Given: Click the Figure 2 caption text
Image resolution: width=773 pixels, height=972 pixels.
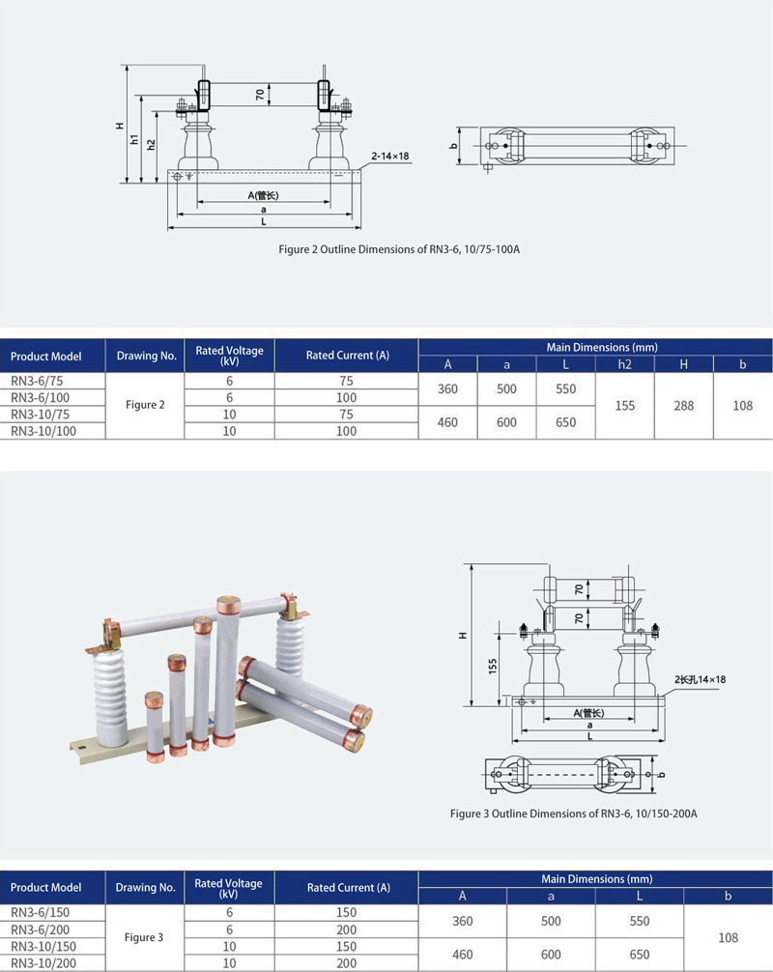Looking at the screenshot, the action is [399, 250].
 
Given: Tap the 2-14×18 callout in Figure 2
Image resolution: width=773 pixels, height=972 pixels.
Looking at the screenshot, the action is [390, 157].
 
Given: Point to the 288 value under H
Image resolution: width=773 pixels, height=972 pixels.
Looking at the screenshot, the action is [684, 406].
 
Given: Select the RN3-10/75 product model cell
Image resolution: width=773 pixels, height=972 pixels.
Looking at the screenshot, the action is [41, 415].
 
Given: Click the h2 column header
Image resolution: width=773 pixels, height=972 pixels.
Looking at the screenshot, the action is [624, 364].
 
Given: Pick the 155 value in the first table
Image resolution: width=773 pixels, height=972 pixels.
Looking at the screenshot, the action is [625, 406].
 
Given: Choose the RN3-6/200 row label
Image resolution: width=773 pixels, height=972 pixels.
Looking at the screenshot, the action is [41, 929].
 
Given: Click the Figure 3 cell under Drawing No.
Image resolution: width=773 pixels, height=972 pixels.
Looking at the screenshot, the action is [144, 937].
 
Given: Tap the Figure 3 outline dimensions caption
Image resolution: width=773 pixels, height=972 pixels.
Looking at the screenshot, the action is [573, 814].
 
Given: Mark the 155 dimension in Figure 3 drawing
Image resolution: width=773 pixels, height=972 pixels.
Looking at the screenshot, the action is [493, 666].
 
